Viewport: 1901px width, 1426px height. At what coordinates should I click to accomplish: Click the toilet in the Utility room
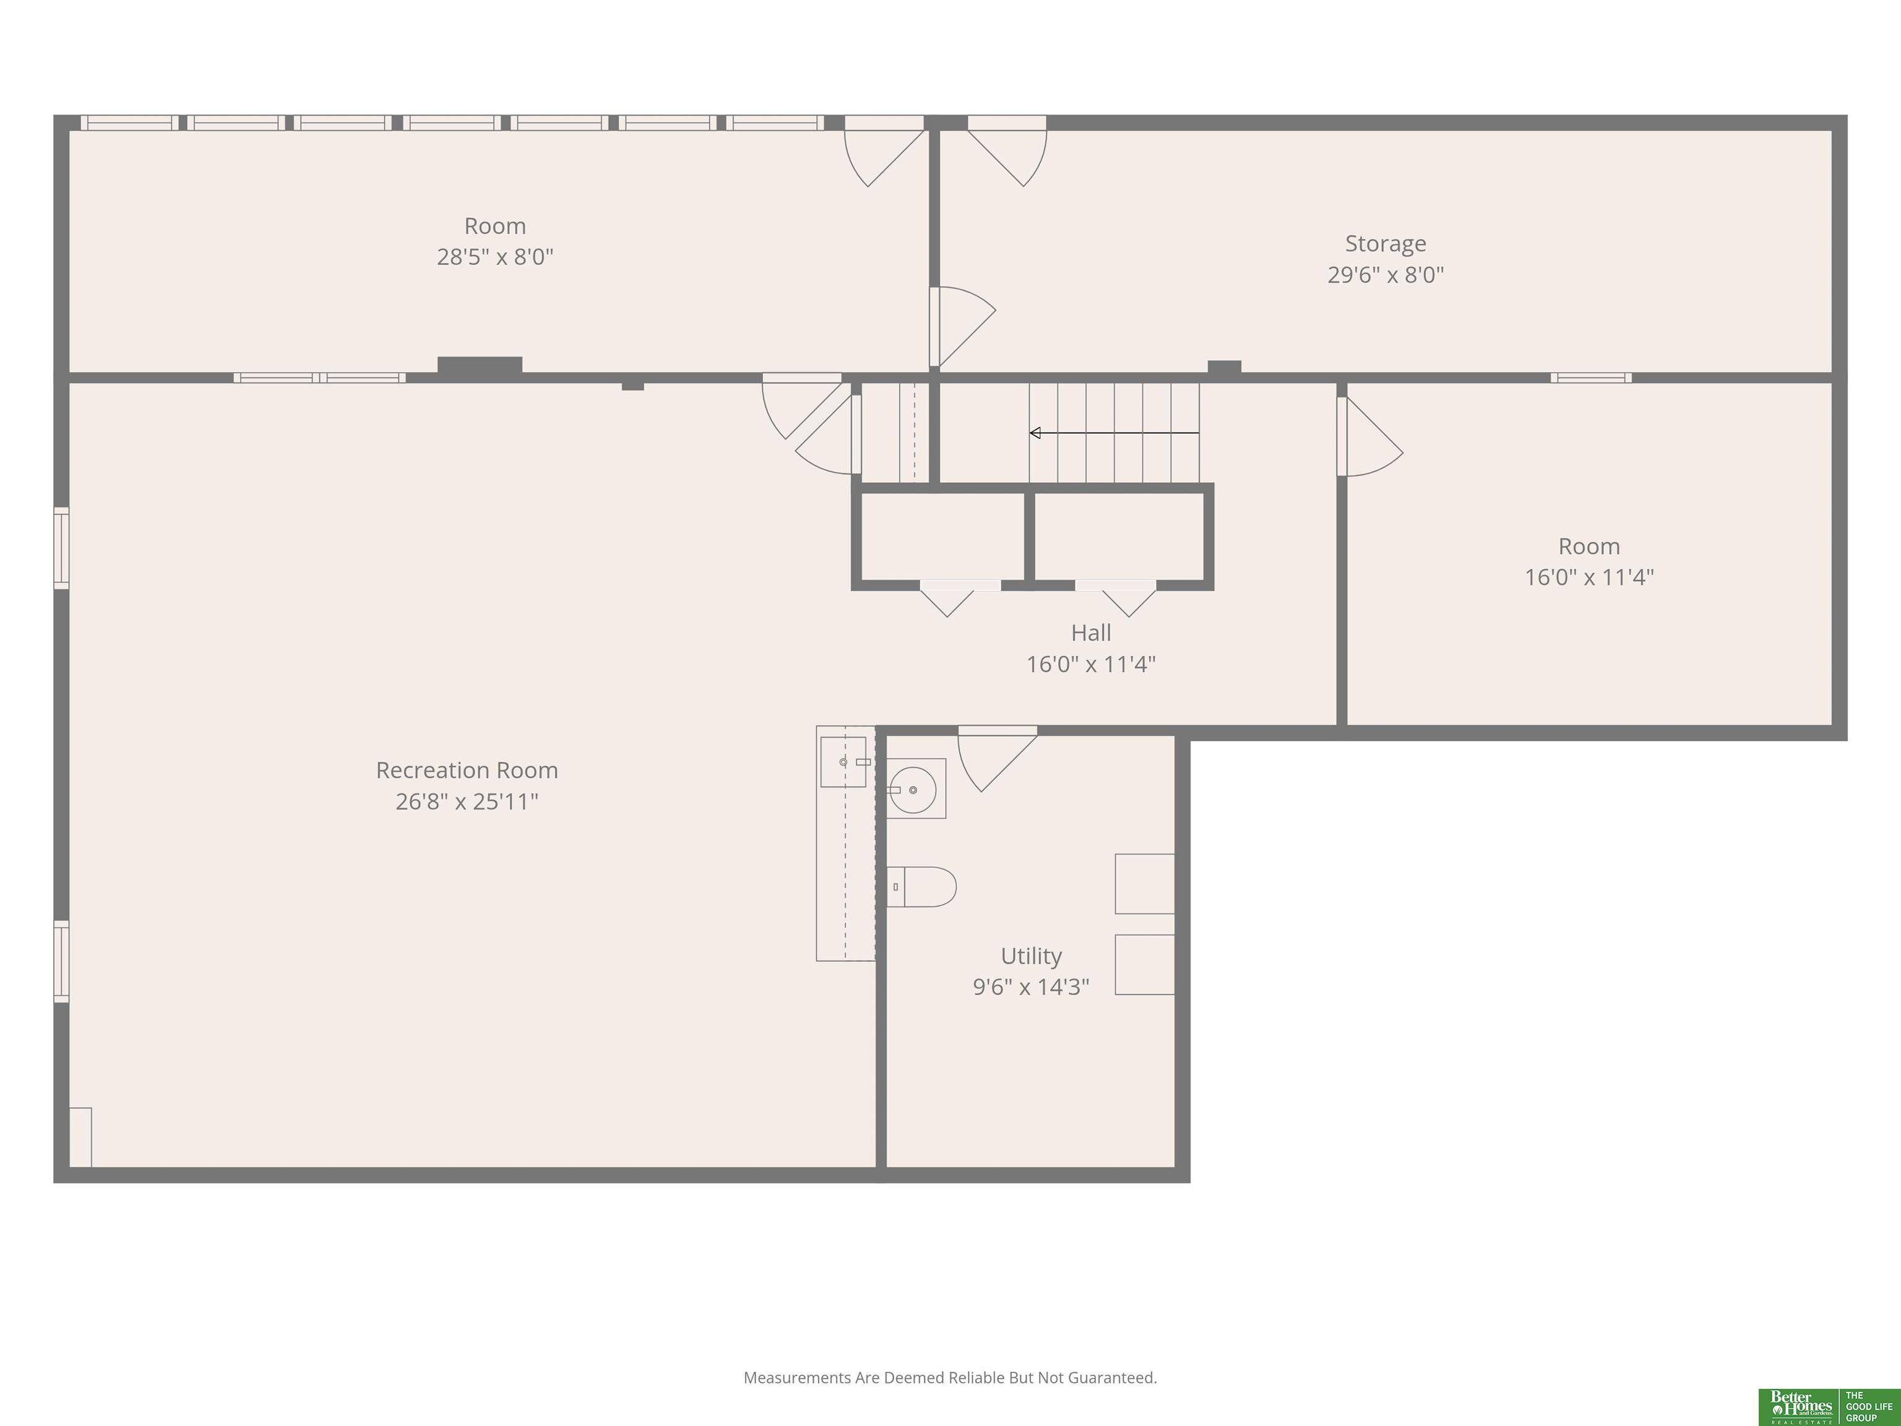pos(921,886)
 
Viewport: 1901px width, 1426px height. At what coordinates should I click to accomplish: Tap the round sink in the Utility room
pos(913,789)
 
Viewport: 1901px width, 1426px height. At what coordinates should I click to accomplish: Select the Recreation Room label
pos(467,770)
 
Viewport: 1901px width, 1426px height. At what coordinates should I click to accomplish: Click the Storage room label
pos(1386,244)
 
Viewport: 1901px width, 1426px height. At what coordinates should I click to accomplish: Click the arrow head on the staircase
pos(1035,433)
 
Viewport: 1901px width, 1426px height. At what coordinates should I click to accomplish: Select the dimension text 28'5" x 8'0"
pos(495,257)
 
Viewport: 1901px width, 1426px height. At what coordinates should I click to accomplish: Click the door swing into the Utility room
pos(997,758)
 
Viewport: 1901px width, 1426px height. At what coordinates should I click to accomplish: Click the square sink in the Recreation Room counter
pos(843,761)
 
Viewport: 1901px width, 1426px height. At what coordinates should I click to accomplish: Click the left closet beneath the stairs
pos(942,537)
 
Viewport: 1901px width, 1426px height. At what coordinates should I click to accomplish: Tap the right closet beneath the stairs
pos(1119,537)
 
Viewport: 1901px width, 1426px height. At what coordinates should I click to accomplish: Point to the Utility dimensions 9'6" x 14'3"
pos(1032,987)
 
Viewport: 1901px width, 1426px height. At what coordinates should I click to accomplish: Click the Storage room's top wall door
pos(1007,150)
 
